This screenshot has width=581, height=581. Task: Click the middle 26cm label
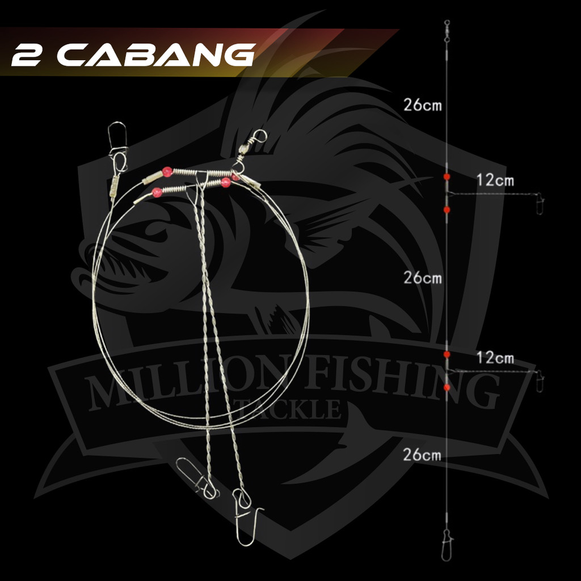pos(423,278)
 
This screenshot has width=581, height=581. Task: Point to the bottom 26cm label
pos(423,454)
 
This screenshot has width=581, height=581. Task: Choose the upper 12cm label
pos(495,180)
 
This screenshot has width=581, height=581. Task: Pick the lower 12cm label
pos(495,358)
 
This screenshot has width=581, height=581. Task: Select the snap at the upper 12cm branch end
pos(539,201)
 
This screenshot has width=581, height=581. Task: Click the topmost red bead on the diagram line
pos(447,177)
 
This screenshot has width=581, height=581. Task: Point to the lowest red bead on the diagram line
pos(447,388)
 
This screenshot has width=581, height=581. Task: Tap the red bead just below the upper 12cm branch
pos(447,210)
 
